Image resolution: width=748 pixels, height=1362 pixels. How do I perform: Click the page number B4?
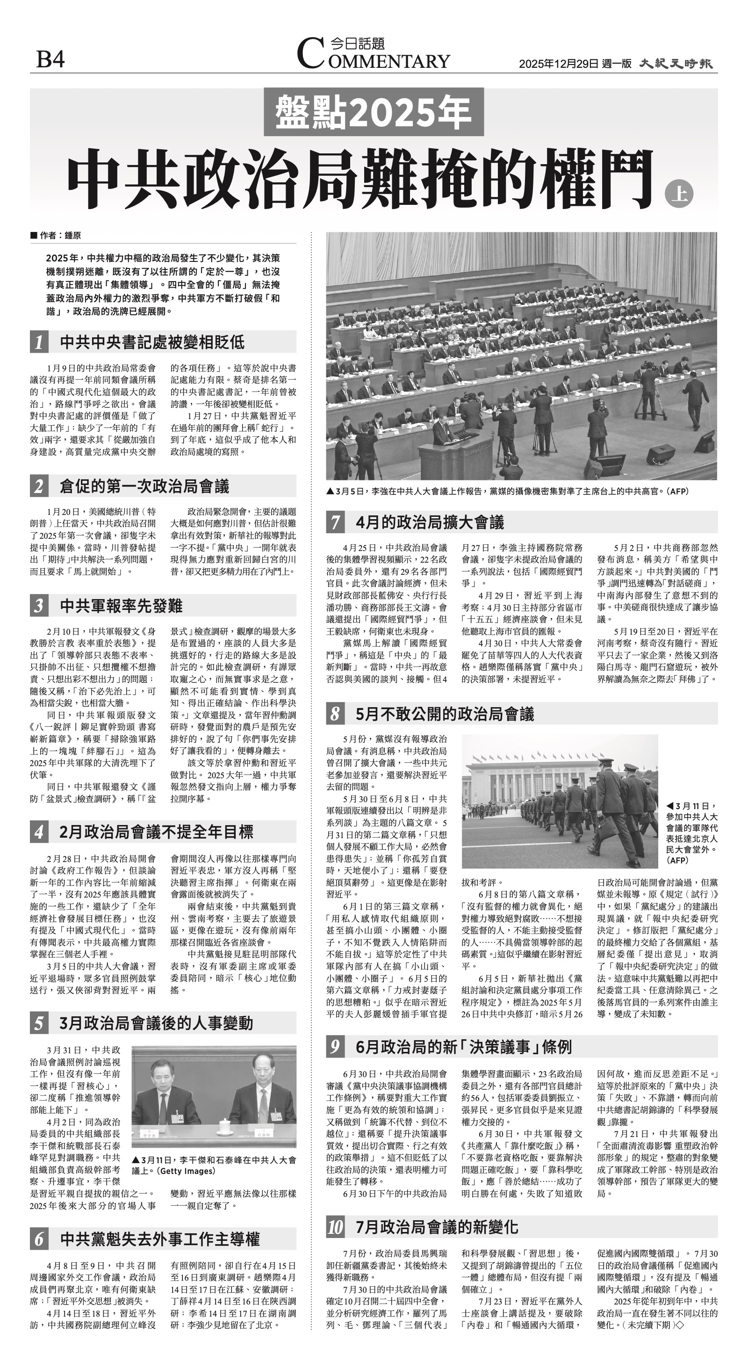click(x=50, y=59)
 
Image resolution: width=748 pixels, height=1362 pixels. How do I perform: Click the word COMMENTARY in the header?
click(x=373, y=60)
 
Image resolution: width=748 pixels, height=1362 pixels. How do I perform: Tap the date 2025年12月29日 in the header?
click(x=559, y=64)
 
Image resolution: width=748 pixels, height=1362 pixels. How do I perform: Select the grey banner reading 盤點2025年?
click(x=373, y=112)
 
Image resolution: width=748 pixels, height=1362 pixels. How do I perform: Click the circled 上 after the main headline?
click(x=678, y=194)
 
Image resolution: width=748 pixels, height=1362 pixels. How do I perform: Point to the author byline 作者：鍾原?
click(x=56, y=236)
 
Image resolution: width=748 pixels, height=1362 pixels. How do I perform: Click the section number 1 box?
click(x=39, y=342)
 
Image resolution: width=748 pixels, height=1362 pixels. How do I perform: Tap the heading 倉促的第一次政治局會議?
click(x=144, y=486)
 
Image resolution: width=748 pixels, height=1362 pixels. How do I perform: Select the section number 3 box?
click(x=39, y=606)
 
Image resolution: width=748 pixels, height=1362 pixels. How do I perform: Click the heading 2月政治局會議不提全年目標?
click(x=157, y=832)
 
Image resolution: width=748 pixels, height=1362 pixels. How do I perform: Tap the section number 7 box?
click(x=336, y=522)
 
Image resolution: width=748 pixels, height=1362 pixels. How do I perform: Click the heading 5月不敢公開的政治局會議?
click(x=445, y=714)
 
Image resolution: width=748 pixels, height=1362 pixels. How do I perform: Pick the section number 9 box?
click(x=336, y=1046)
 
